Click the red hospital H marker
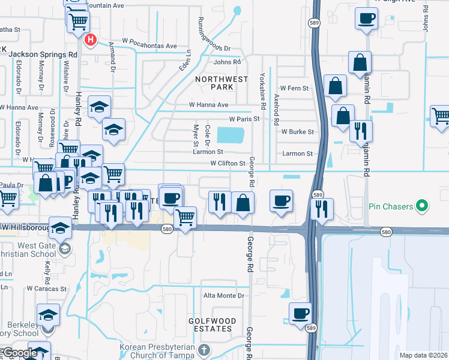tap(91, 41)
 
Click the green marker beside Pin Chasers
tap(423, 206)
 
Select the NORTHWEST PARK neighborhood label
tap(221, 83)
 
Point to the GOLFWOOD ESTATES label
tap(210, 325)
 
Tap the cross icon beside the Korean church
tap(203, 349)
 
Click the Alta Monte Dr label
tap(224, 295)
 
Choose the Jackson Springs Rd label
tap(43, 54)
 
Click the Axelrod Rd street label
tap(276, 109)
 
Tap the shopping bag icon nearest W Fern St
tap(335, 86)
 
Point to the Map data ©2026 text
tap(423, 355)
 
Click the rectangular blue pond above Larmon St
tap(231, 135)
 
